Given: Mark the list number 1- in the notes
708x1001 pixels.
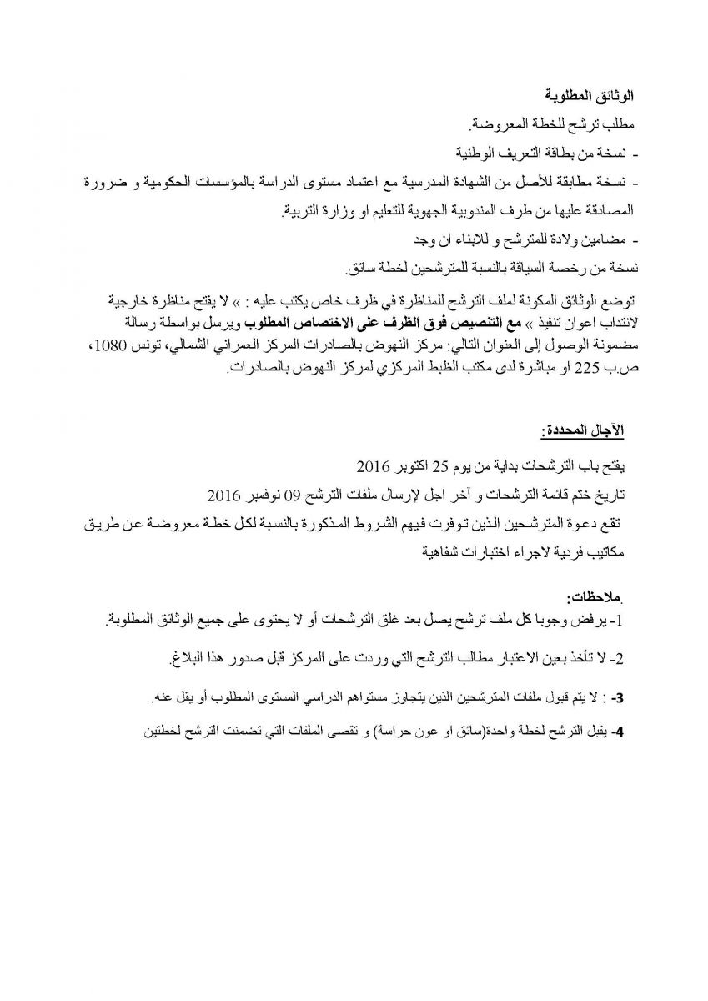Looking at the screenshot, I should point(616,622).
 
